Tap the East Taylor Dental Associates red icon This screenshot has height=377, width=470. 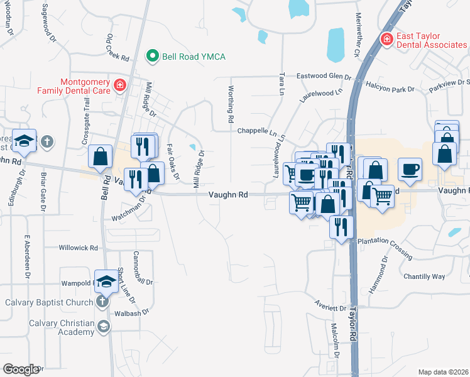pos(387,40)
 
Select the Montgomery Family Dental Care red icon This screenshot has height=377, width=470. pos(119,85)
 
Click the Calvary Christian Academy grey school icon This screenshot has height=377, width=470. pos(102,325)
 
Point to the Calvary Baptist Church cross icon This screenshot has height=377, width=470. pos(102,302)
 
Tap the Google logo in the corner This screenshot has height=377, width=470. pos(21,369)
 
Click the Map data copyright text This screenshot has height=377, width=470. pos(443,372)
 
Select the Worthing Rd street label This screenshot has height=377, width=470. pos(231,104)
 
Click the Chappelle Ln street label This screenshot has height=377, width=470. pos(257,131)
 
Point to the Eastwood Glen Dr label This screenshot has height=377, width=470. pos(324,75)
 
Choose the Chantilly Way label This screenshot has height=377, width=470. pos(424,276)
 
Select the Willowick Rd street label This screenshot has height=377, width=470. pos(78,248)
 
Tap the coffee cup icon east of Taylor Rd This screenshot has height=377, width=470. pos(410,169)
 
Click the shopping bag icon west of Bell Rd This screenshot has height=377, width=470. pos(101,156)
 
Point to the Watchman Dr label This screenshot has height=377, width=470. pos(128,207)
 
